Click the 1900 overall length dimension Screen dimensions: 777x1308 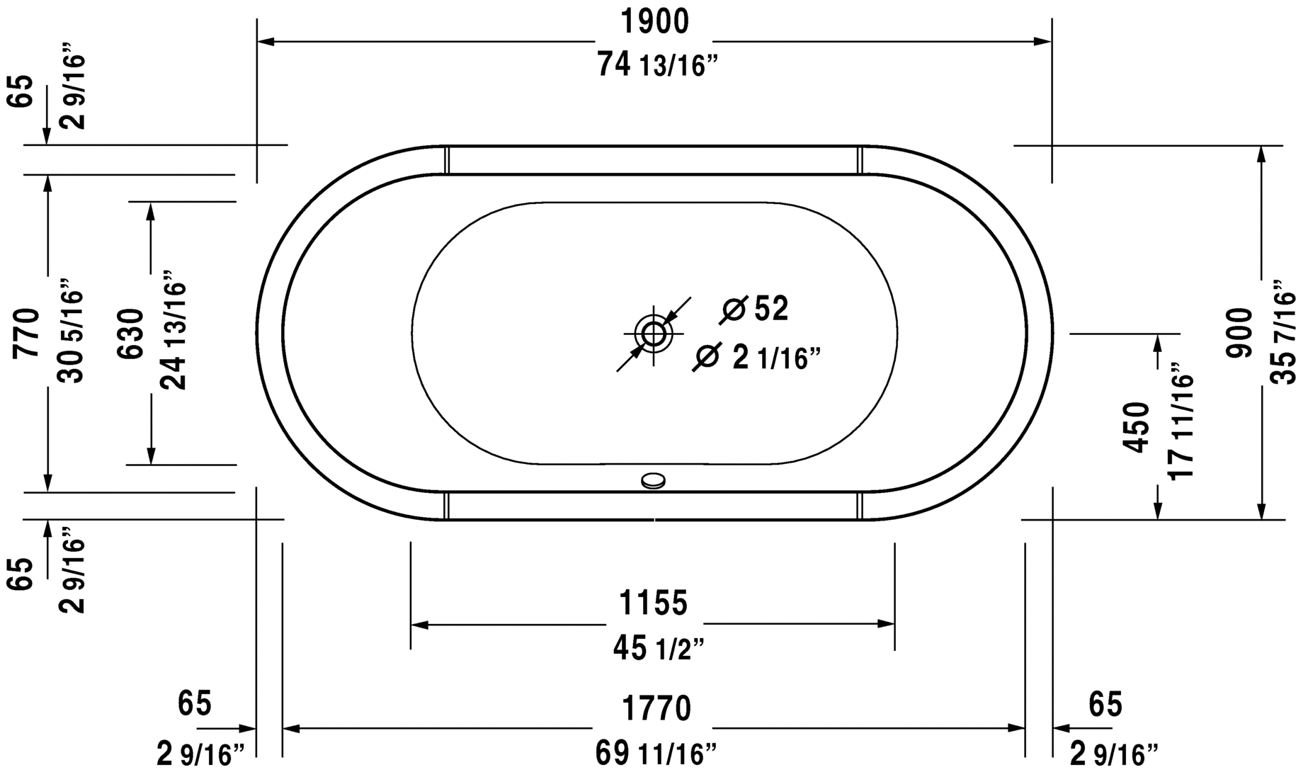654,23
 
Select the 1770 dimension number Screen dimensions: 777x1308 656,708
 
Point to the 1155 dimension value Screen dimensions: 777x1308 653,603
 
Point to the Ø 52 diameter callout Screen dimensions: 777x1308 755,309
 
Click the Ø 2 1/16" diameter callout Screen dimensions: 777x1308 758,358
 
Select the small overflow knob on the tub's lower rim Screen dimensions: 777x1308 653,482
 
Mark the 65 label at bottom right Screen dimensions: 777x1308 1105,704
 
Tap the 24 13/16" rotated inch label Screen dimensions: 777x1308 174,330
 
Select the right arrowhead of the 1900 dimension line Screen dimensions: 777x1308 1043,41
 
